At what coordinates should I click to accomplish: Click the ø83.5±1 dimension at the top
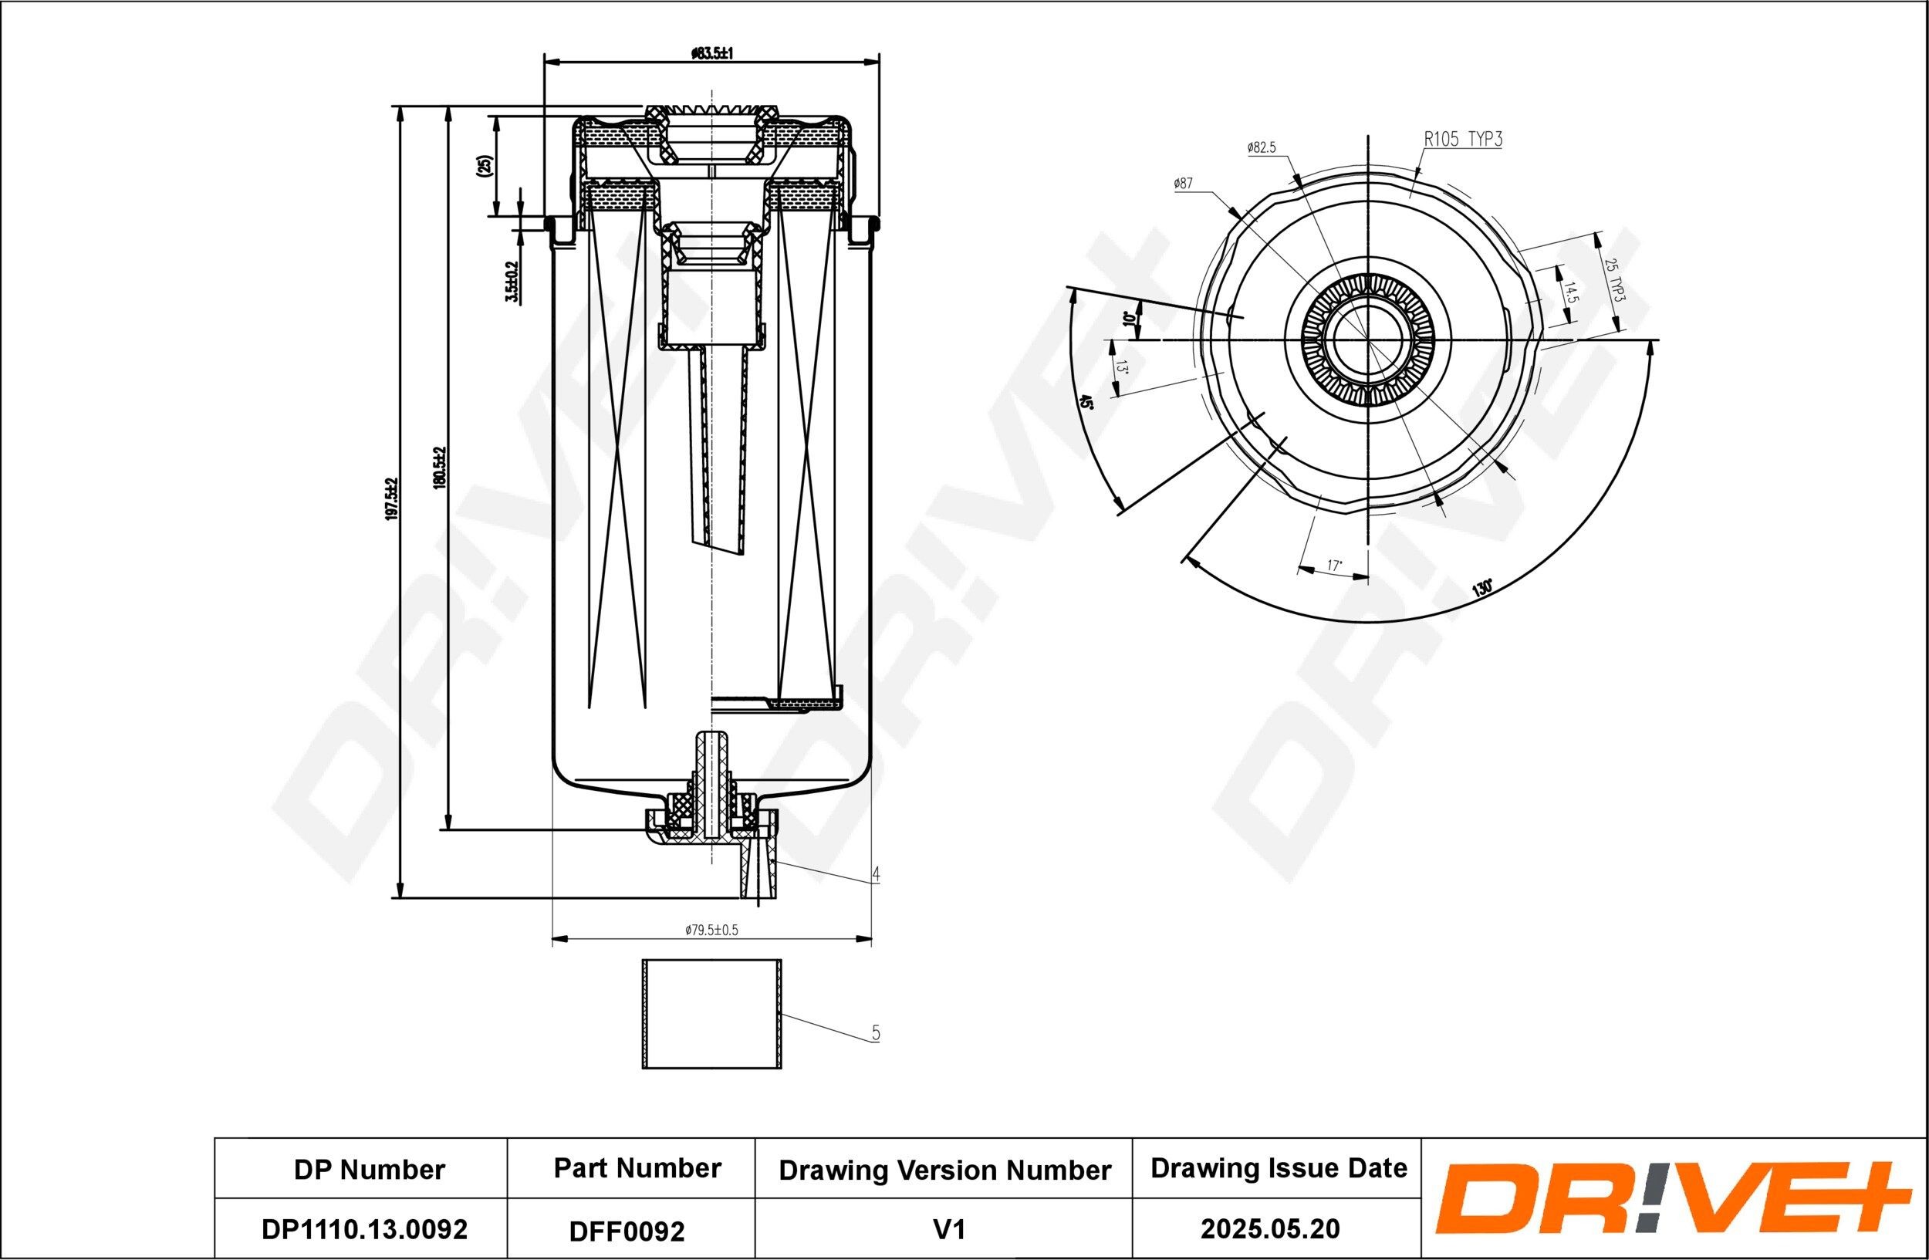[711, 53]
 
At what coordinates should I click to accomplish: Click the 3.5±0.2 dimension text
[511, 281]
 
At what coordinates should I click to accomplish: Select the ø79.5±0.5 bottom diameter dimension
[711, 931]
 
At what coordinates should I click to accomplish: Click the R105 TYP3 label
[1463, 140]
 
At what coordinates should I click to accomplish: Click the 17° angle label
[1334, 565]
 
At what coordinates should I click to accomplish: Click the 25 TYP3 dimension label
[1612, 280]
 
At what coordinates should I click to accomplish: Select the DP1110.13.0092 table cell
[364, 1229]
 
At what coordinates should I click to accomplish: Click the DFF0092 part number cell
[627, 1231]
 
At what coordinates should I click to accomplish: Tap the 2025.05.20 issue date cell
[1269, 1229]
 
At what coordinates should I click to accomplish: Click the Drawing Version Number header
[944, 1170]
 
